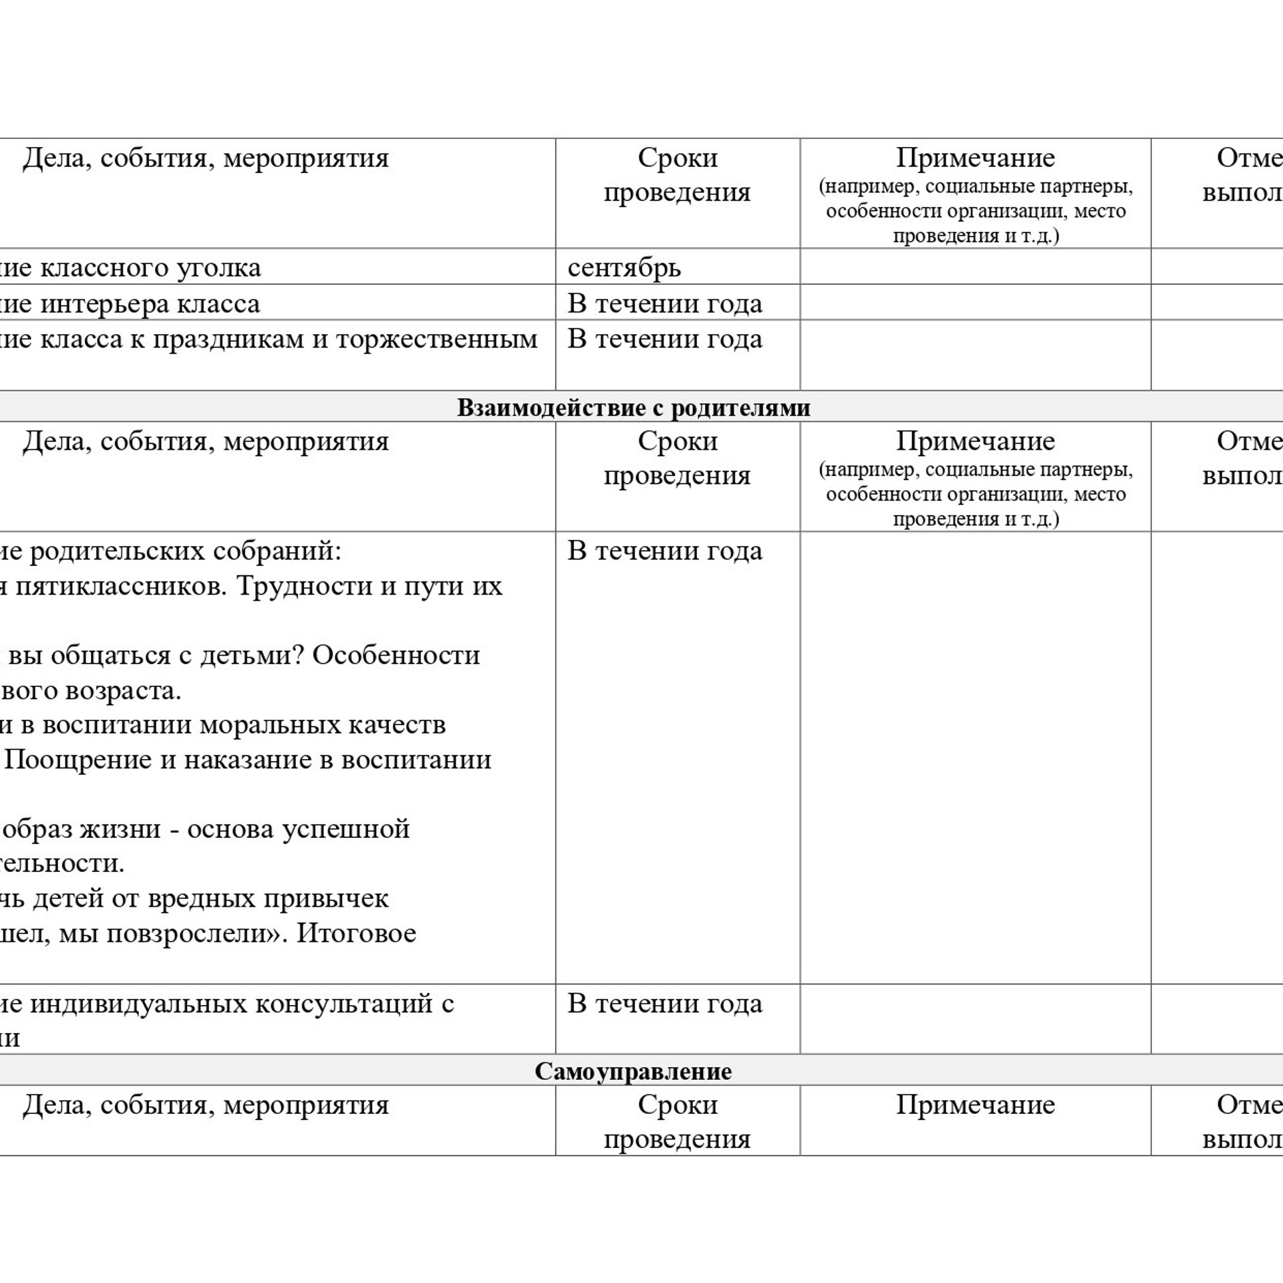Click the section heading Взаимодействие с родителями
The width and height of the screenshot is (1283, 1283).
(633, 408)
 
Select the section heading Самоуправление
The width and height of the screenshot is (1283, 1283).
(633, 1071)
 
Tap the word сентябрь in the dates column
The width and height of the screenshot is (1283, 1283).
(624, 268)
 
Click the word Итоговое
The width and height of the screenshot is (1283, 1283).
(356, 933)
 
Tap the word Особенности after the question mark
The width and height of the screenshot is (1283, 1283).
(396, 656)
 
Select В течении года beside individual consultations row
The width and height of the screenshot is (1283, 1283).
(665, 1004)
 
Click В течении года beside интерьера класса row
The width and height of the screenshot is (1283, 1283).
(665, 304)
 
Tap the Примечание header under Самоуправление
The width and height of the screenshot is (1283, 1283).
(975, 1105)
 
